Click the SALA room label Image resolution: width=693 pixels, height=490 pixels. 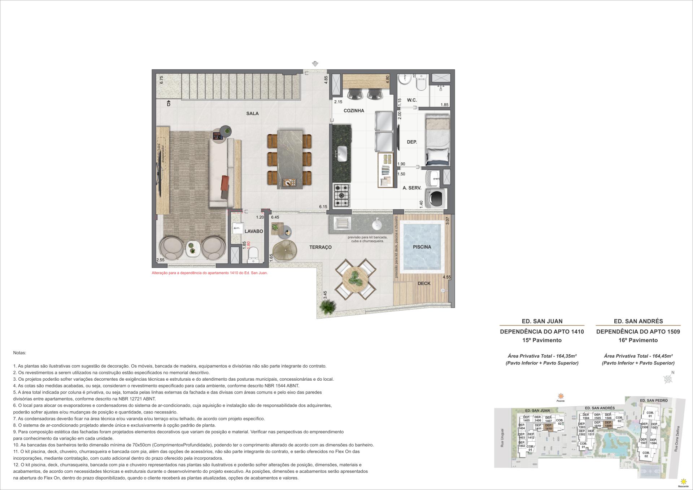pyautogui.click(x=252, y=113)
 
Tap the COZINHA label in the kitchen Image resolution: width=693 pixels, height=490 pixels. pyautogui.click(x=354, y=111)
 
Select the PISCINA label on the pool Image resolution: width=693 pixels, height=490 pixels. pyautogui.click(x=422, y=247)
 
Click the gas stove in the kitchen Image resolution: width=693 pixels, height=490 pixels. pyautogui.click(x=341, y=196)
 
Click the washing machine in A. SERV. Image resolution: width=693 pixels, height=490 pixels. pyautogui.click(x=436, y=198)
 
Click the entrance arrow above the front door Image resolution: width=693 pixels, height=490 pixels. pyautogui.click(x=315, y=64)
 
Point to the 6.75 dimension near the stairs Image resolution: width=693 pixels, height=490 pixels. pyautogui.click(x=161, y=80)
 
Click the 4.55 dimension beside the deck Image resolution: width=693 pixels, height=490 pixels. pyautogui.click(x=446, y=277)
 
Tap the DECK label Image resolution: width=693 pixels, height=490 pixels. pyautogui.click(x=424, y=284)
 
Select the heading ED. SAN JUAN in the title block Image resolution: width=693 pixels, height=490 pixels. pyautogui.click(x=542, y=321)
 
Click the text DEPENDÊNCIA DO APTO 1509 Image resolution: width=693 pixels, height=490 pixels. pyautogui.click(x=638, y=332)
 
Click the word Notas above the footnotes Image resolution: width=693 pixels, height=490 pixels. pyautogui.click(x=19, y=353)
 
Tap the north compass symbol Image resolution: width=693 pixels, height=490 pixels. pyautogui.click(x=668, y=379)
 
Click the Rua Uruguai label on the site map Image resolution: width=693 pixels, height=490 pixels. pyautogui.click(x=502, y=438)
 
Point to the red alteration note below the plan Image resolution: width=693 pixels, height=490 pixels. pyautogui.click(x=210, y=273)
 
